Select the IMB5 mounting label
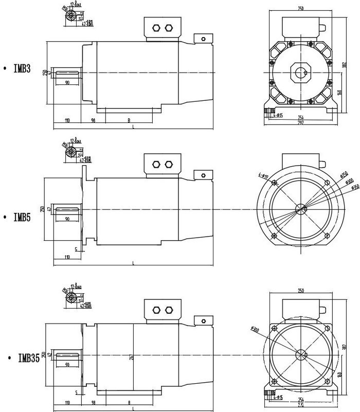22,217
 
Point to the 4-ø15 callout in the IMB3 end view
277,115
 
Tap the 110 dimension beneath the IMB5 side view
67,256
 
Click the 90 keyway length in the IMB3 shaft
67,82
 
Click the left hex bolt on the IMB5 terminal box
156,165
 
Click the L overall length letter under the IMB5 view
133,263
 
